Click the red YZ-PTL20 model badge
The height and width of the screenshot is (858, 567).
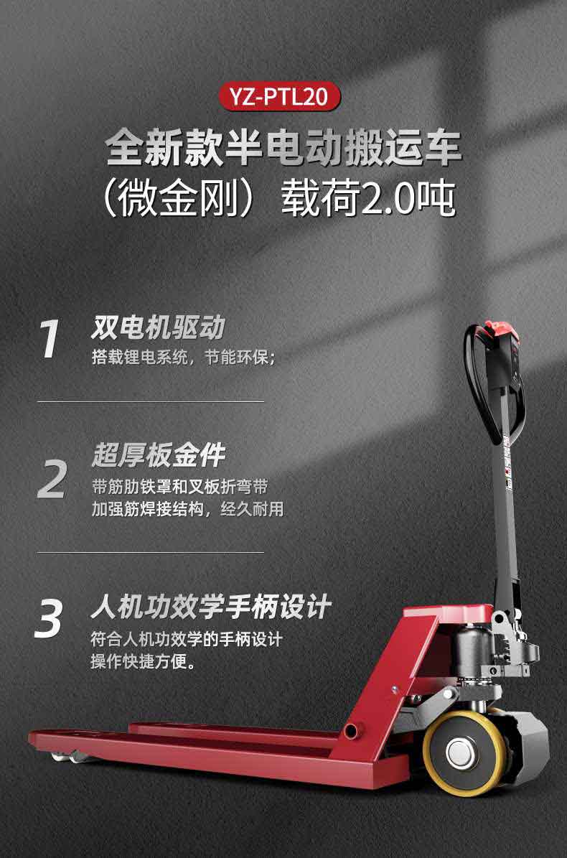[279, 96]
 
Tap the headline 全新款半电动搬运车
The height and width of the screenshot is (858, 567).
[283, 146]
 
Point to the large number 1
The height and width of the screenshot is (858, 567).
[50, 340]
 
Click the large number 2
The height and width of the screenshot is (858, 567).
[52, 480]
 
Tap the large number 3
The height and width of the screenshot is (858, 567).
[49, 618]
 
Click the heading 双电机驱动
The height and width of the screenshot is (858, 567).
[158, 328]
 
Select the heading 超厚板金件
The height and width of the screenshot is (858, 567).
[159, 455]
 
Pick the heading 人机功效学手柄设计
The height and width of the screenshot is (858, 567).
[211, 607]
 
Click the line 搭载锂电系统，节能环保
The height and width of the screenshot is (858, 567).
[184, 358]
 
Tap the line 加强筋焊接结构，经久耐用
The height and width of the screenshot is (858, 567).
[187, 509]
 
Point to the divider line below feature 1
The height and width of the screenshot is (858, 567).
[150, 401]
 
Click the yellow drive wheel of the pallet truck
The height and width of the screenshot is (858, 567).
[465, 753]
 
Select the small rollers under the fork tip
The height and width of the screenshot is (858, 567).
[67, 757]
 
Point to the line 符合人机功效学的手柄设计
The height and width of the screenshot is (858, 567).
[187, 638]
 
